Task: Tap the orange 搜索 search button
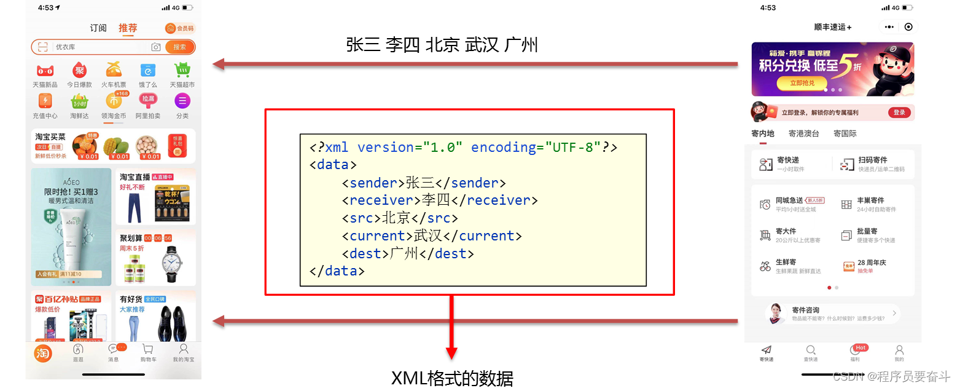[179, 47]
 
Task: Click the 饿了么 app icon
[148, 71]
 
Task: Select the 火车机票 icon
[114, 71]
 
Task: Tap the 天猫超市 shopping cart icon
[182, 71]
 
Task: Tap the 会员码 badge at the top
[179, 28]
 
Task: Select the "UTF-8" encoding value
[572, 148]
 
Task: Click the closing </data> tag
[337, 271]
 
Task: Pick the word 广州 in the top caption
[520, 45]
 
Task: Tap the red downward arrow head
[452, 353]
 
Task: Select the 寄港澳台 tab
[803, 133]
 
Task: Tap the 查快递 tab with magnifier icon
[811, 352]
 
